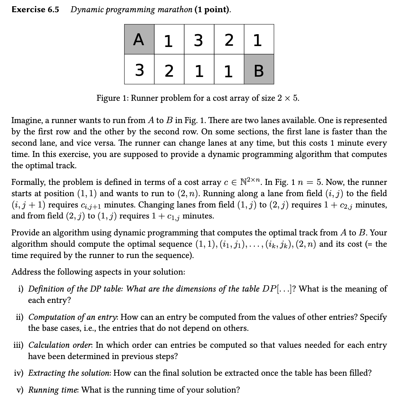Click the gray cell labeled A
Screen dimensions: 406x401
[139, 39]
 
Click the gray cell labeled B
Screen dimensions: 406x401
[259, 69]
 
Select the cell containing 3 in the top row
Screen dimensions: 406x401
[199, 39]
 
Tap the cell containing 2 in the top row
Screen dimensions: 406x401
[229, 39]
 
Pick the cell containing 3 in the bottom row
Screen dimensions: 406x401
[139, 69]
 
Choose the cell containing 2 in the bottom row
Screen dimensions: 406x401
[169, 69]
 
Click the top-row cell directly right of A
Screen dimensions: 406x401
[169, 39]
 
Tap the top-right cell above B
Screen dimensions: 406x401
[259, 39]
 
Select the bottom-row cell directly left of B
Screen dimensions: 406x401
[229, 69]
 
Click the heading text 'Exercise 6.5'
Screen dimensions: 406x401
[35, 10]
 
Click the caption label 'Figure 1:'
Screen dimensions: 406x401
[112, 98]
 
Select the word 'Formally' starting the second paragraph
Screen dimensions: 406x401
[28, 182]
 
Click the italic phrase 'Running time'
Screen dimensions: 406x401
[53, 390]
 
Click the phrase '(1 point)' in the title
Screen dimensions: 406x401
[213, 10]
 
